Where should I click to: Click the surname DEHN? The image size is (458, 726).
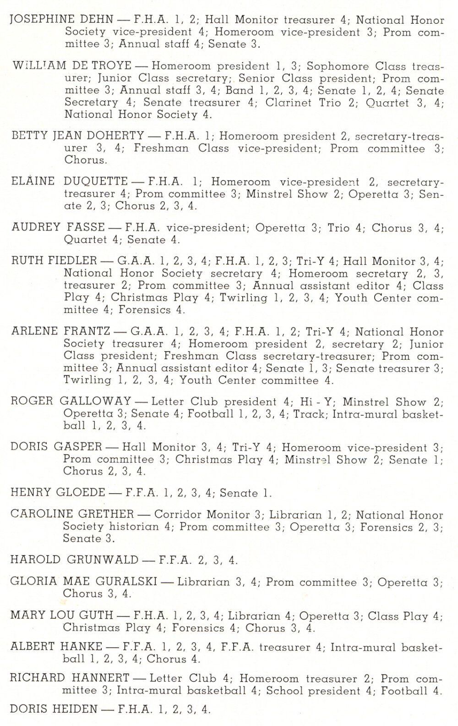(x=97, y=19)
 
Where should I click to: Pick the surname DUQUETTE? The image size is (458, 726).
(x=96, y=181)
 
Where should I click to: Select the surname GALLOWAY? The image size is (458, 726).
(x=95, y=401)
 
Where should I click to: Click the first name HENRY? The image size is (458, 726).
(x=30, y=493)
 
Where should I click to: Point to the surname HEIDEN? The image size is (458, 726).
(x=76, y=709)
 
